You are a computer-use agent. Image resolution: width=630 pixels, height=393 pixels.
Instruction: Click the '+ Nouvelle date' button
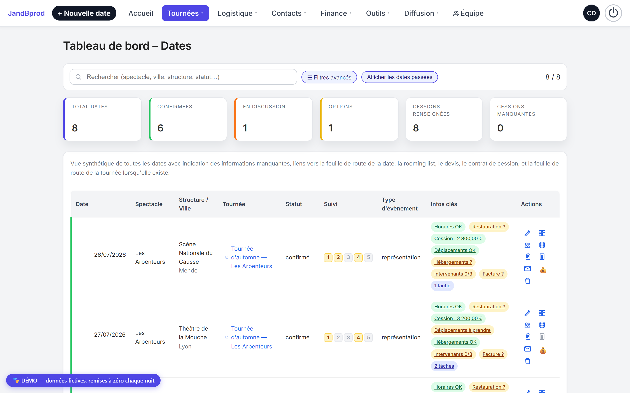tap(84, 13)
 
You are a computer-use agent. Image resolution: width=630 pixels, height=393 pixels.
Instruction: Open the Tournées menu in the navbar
tap(185, 13)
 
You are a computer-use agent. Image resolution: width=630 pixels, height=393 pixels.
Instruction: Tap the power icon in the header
tap(613, 13)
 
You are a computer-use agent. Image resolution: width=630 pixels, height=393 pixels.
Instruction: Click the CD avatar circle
tap(591, 13)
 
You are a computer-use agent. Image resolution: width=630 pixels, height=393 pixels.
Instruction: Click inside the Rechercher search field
tap(183, 77)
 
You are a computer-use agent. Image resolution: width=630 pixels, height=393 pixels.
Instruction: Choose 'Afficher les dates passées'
tap(399, 77)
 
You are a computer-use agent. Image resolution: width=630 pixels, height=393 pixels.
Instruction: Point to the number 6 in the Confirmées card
tap(160, 128)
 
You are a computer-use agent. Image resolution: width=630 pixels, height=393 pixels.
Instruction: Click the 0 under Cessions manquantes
tap(500, 128)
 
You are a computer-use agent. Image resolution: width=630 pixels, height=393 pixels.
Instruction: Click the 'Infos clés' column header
tap(444, 204)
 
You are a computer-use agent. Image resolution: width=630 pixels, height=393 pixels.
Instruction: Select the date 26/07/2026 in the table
tap(110, 255)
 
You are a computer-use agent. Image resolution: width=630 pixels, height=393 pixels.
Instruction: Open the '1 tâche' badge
tap(442, 286)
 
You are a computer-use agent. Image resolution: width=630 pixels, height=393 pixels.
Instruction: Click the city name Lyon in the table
tap(185, 346)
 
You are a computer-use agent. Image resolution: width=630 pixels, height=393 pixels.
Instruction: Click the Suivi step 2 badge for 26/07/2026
tap(338, 257)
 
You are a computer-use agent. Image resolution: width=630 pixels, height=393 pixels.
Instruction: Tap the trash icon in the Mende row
tap(527, 281)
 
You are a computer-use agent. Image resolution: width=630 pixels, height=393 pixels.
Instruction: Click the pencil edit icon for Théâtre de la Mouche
tap(527, 313)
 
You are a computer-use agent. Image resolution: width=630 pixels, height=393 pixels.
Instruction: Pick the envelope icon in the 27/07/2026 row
tap(527, 349)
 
